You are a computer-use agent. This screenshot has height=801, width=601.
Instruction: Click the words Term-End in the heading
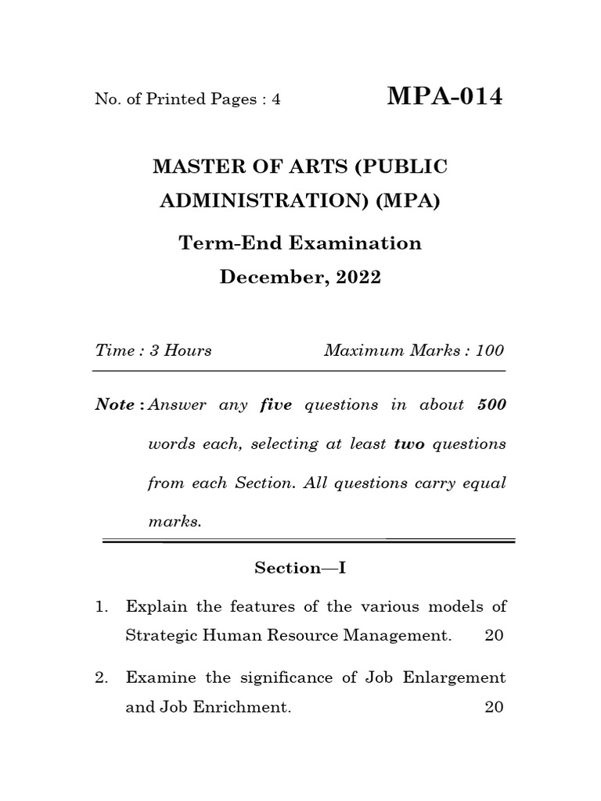point(232,242)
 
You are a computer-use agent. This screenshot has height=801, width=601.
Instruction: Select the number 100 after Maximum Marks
point(489,350)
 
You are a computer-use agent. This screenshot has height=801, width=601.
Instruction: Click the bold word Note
point(114,405)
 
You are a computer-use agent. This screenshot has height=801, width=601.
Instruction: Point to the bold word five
point(275,405)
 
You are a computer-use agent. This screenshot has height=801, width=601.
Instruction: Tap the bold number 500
point(491,405)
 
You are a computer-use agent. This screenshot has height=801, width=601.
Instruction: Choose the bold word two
point(408,444)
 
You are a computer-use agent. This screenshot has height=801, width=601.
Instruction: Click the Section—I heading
point(300,569)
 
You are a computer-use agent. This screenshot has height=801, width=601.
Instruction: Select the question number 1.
point(100,606)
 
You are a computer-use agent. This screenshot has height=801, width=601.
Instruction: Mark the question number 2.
point(100,677)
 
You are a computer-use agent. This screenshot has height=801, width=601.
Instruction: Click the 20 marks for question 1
point(495,636)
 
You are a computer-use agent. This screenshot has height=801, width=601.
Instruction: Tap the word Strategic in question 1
point(160,636)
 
